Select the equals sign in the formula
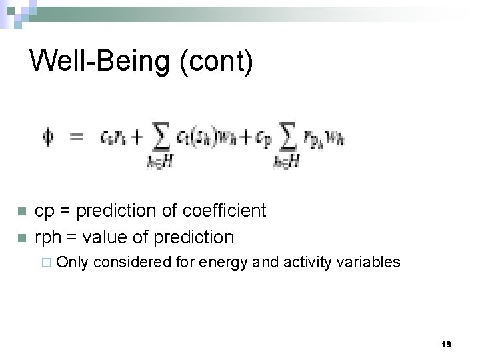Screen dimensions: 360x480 [x=77, y=138]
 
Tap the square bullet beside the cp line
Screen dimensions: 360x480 [x=21, y=212]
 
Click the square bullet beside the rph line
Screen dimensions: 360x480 [x=21, y=238]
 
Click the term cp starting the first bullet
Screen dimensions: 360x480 [x=44, y=211]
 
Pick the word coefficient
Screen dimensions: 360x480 [x=227, y=211]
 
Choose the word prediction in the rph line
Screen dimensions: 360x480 [x=193, y=237]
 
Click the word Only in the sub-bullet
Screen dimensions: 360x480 [x=72, y=262]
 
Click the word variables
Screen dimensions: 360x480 [x=369, y=262]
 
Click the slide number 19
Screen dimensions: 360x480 [x=447, y=344]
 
